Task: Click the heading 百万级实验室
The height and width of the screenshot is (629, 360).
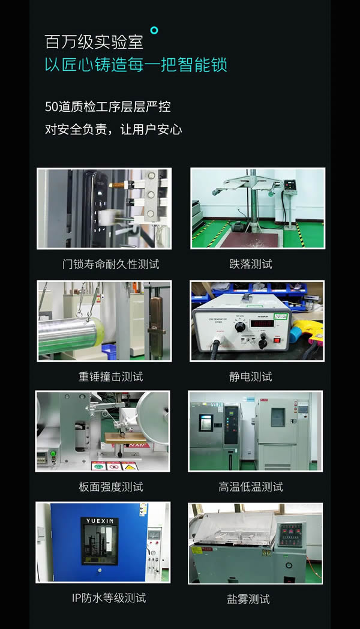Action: pos(94,41)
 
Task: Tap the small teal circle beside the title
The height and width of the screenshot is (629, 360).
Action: pos(154,30)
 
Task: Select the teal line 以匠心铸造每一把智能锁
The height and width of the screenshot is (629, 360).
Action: pos(136,65)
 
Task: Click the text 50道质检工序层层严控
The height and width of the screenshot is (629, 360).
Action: pos(108,107)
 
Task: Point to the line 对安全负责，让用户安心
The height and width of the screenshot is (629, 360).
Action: pos(113,129)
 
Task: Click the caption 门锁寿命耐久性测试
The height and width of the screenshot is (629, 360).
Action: pos(111,264)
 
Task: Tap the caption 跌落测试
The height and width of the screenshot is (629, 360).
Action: pos(251,264)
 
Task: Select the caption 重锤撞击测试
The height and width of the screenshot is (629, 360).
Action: pos(111,377)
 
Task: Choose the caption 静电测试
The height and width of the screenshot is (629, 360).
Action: pos(251,377)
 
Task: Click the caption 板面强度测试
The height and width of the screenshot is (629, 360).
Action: pos(111,487)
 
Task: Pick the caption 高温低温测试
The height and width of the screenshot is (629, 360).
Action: pos(251,487)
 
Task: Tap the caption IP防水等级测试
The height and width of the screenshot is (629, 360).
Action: pos(109,598)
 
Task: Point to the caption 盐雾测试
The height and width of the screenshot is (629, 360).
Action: pos(248,599)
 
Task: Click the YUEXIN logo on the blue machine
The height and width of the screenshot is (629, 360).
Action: pos(100,521)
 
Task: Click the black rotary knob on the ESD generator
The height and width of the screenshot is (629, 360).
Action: pos(240,327)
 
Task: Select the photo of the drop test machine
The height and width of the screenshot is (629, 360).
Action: pos(257,208)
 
